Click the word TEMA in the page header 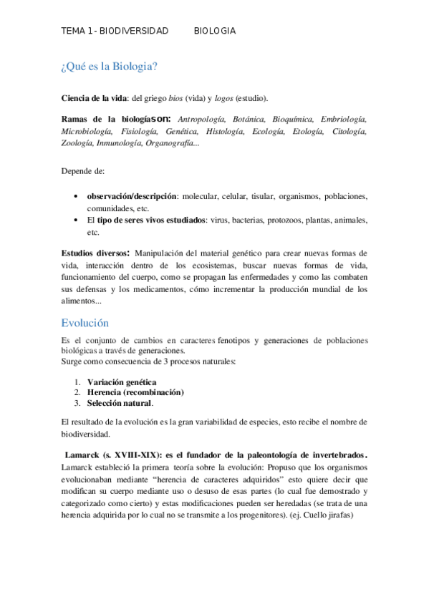[72, 31]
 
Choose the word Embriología [344, 119]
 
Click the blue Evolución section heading [85, 323]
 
